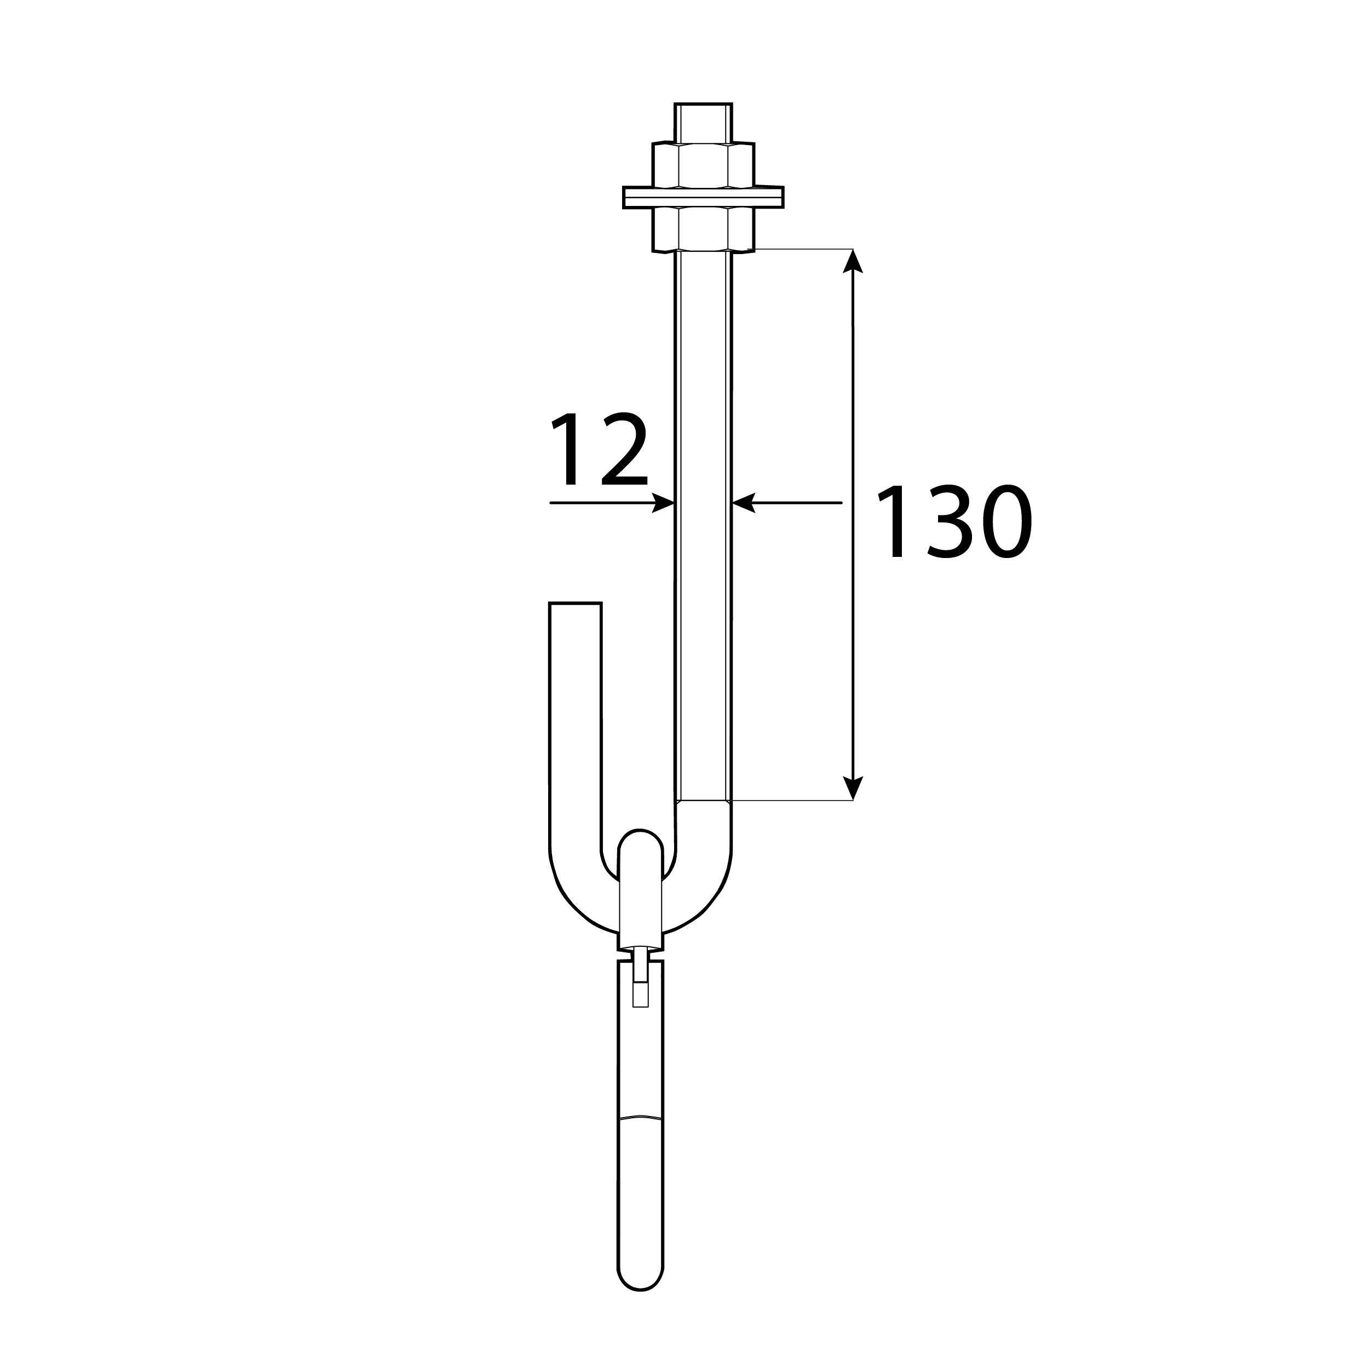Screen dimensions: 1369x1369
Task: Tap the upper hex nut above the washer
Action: point(703,164)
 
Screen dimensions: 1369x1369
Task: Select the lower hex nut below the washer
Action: point(703,229)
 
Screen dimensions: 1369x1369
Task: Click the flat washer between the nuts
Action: point(703,197)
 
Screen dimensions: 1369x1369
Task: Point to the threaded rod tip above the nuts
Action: point(703,122)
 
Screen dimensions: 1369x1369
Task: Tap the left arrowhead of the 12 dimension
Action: point(663,503)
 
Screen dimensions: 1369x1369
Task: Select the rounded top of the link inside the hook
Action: point(641,843)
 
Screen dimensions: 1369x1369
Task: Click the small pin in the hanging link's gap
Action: point(641,981)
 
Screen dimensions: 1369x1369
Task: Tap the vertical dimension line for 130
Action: point(853,638)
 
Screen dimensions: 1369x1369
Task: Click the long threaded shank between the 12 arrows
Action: point(703,503)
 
